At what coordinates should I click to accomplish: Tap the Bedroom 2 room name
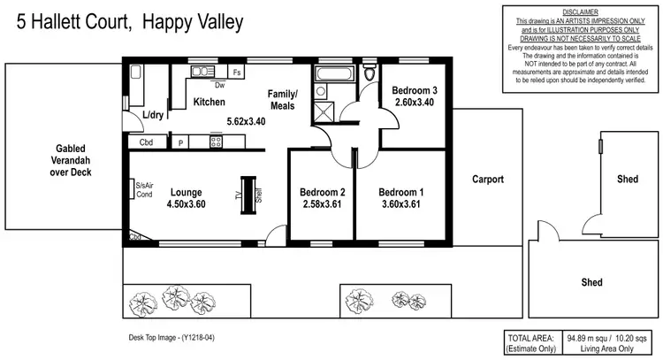tap(322, 192)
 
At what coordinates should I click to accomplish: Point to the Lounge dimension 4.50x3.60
tap(186, 203)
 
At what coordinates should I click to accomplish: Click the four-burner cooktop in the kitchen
tap(214, 142)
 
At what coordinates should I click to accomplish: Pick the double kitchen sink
tap(202, 72)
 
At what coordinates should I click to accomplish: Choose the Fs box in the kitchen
tap(236, 73)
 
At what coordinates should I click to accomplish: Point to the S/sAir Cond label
tap(144, 189)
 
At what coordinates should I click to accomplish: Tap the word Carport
tap(486, 179)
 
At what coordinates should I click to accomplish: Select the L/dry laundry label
tap(153, 116)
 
